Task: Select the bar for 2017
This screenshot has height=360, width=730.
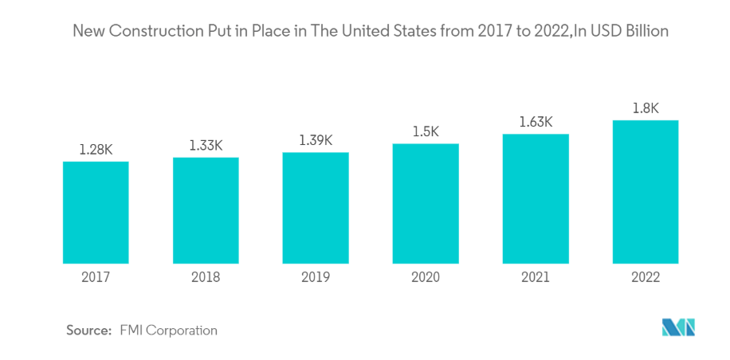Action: [x=96, y=212]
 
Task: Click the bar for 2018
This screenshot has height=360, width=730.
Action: [x=206, y=209]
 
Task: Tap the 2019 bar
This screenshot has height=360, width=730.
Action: [x=316, y=207]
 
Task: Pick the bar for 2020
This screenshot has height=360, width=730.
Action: [x=426, y=203]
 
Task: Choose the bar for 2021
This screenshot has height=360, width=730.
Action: [x=536, y=198]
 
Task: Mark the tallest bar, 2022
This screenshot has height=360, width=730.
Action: [x=646, y=191]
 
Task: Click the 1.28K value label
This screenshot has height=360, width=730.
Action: [x=96, y=148]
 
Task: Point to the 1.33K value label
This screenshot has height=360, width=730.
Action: [x=206, y=145]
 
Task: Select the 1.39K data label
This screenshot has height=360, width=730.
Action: [x=316, y=140]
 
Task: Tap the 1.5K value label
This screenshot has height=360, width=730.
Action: [x=426, y=131]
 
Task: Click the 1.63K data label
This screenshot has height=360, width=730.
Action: [x=536, y=122]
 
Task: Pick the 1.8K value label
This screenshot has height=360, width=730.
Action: [x=646, y=108]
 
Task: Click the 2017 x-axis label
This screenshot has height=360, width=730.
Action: [x=96, y=278]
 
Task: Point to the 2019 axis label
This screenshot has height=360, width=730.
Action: [x=316, y=278]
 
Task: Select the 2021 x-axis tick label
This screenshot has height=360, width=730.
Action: [x=536, y=278]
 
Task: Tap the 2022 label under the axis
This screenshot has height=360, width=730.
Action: [x=646, y=278]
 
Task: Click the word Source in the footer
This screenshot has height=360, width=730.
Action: [x=88, y=330]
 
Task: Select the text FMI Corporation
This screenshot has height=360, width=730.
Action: [x=168, y=330]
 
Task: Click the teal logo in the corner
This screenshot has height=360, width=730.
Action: [x=678, y=327]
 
